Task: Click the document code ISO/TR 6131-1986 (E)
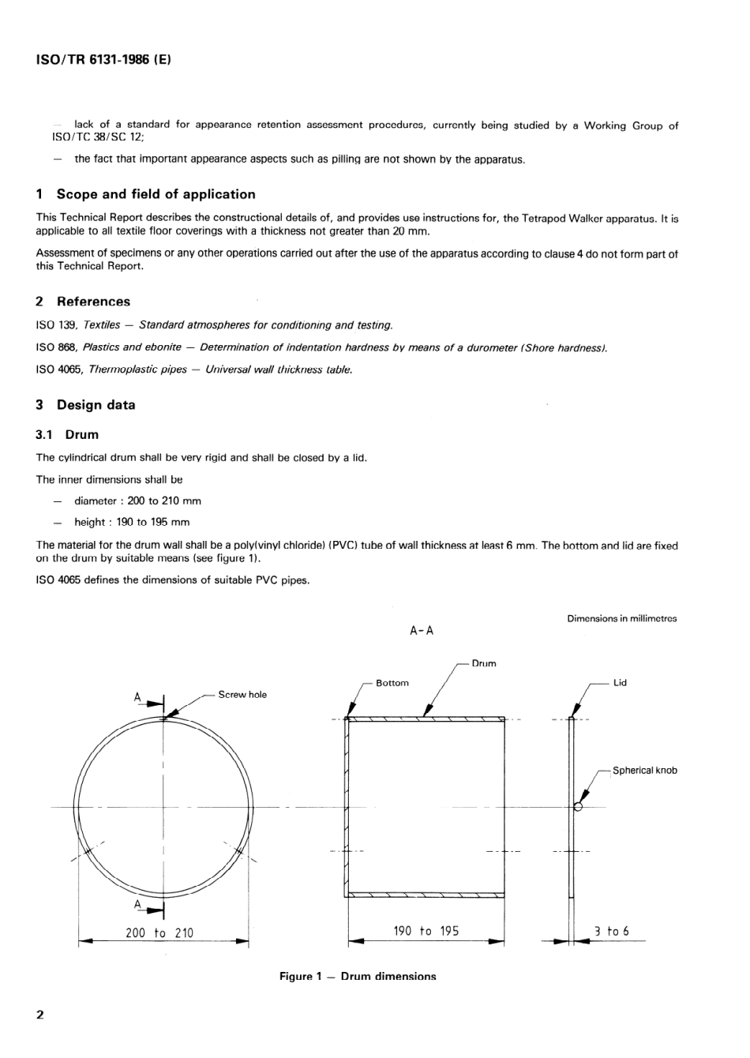click(x=103, y=59)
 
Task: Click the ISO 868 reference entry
click(x=321, y=347)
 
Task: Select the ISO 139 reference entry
click(x=214, y=325)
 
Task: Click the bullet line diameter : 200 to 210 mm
click(x=137, y=501)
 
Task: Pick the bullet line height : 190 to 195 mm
click(x=132, y=522)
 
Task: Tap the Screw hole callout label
click(x=242, y=695)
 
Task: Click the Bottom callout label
click(x=392, y=683)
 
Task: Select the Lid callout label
click(x=620, y=683)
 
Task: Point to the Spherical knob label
click(x=644, y=771)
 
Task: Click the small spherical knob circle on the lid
click(x=578, y=806)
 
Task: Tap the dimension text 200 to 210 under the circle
click(x=159, y=932)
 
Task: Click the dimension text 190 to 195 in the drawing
click(x=426, y=931)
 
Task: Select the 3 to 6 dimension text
click(x=612, y=931)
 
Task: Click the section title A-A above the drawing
click(x=422, y=630)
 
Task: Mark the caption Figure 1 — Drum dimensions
click(x=358, y=977)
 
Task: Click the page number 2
click(x=40, y=1015)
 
